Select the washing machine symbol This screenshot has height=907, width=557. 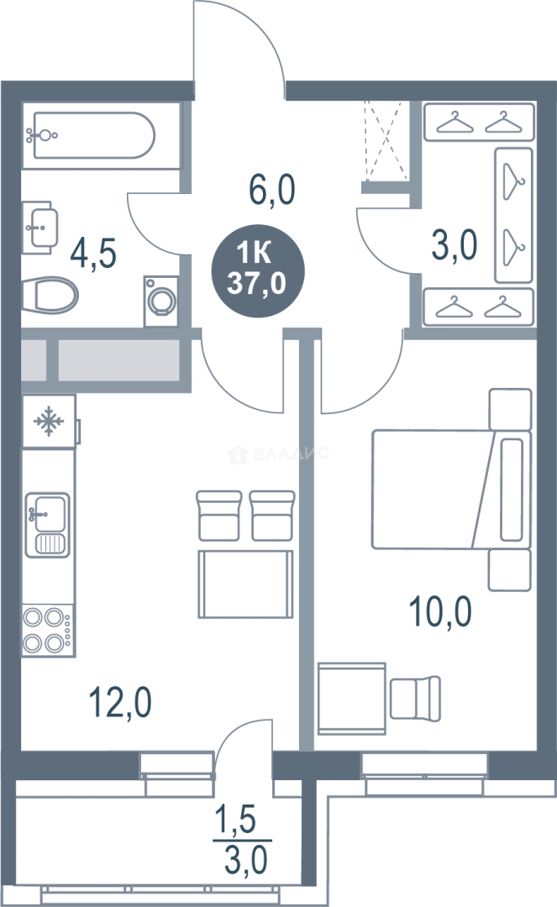[160, 301]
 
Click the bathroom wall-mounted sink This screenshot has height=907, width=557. [40, 228]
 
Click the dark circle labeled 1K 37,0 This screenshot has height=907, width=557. [257, 270]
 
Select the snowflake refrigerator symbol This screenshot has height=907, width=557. [49, 421]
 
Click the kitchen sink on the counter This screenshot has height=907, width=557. [47, 525]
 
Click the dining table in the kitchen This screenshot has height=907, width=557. [245, 584]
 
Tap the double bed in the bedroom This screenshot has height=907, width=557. [451, 489]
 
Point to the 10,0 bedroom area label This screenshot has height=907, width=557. [440, 611]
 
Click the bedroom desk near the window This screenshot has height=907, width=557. [352, 699]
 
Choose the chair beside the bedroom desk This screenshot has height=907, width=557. [415, 698]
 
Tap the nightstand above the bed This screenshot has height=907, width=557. [510, 409]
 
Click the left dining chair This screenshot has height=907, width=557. [218, 516]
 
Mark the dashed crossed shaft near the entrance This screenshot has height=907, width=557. [386, 141]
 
